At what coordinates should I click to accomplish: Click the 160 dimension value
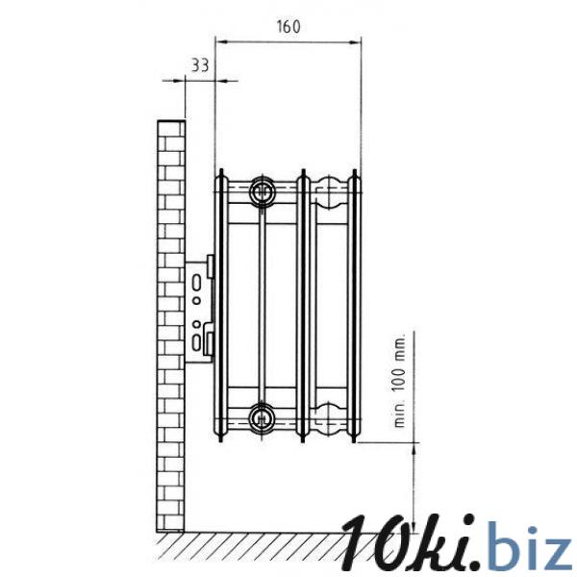point(288,27)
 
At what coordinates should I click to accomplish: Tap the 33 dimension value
point(200,65)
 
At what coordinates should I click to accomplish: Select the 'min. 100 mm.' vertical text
point(399,380)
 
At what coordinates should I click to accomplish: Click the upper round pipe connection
point(262,191)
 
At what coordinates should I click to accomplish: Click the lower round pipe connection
point(262,417)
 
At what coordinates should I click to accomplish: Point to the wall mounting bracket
point(199,311)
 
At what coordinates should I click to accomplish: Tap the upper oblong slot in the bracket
point(197,283)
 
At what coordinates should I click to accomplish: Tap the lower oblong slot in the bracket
point(197,341)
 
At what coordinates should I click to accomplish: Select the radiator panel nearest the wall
point(221,306)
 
